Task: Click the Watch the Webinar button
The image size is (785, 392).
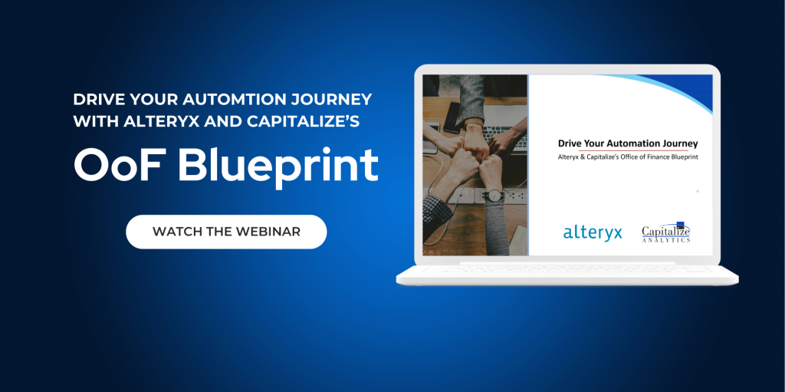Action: click(x=226, y=232)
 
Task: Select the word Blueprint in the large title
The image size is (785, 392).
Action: click(x=278, y=166)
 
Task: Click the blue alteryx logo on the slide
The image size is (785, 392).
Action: click(x=593, y=233)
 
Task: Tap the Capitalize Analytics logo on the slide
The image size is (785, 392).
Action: click(x=666, y=232)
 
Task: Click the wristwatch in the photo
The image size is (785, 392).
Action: click(x=494, y=195)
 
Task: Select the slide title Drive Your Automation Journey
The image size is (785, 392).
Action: click(x=628, y=144)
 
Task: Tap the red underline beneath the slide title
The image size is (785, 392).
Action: click(x=632, y=150)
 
